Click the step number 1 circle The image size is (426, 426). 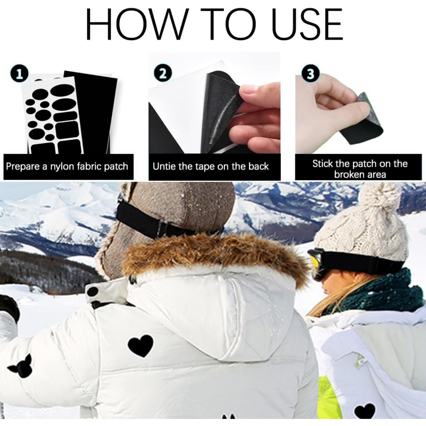19,75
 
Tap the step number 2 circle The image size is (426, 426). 162,73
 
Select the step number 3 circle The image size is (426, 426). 311,74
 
